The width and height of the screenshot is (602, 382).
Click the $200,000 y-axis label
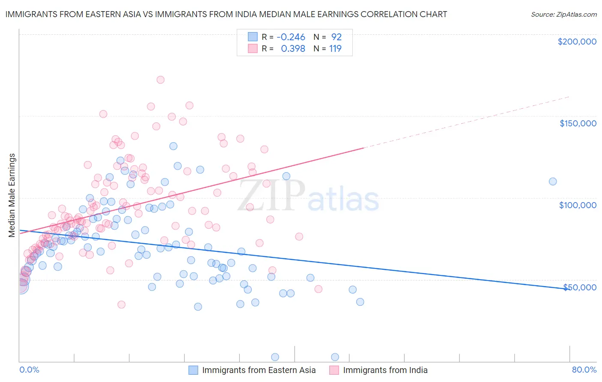(x=577, y=42)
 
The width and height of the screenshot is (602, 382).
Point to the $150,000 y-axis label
(x=578, y=123)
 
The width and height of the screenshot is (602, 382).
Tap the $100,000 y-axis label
(x=578, y=205)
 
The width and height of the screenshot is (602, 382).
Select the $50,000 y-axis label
(x=579, y=287)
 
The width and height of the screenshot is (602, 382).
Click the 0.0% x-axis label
(x=29, y=370)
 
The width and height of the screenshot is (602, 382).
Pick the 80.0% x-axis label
(x=584, y=370)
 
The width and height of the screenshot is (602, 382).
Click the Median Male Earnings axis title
(x=12, y=195)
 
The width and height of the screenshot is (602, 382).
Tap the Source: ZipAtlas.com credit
(x=563, y=15)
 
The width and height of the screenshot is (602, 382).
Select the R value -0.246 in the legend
(x=291, y=37)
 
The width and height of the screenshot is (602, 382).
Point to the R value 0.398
(x=293, y=49)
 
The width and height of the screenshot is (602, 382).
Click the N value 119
(x=335, y=49)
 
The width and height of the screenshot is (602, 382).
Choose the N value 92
(x=336, y=37)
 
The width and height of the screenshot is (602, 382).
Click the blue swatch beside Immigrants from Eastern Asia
(x=194, y=370)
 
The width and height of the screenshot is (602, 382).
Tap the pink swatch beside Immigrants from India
(x=334, y=370)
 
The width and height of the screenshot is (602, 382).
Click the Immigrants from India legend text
(x=385, y=370)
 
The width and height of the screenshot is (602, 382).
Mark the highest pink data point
(x=161, y=80)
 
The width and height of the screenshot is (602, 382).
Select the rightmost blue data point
(x=553, y=182)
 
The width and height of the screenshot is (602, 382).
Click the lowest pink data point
(x=122, y=304)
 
